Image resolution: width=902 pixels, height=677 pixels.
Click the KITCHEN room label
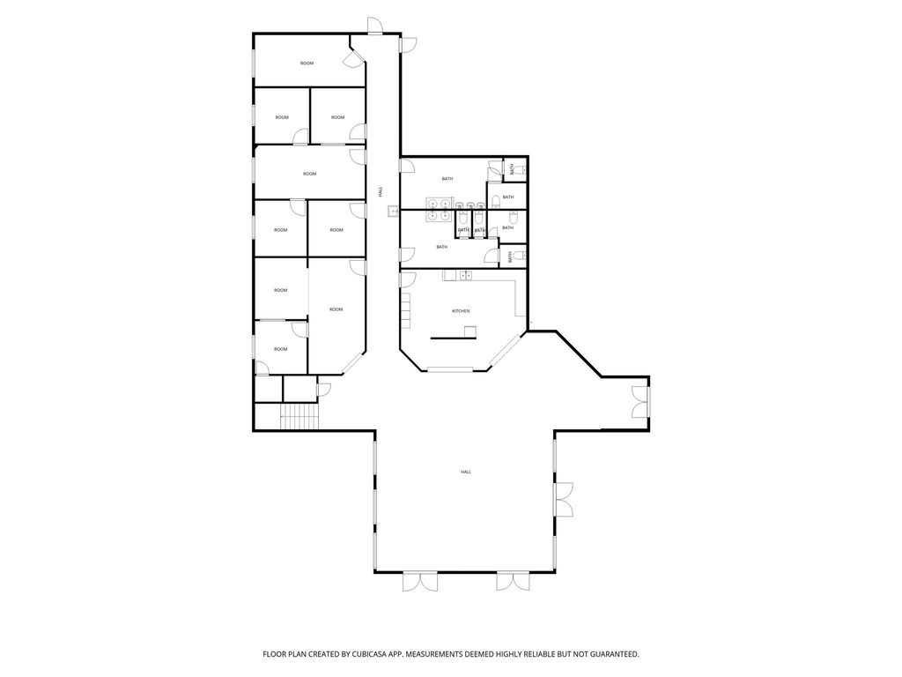tap(461, 311)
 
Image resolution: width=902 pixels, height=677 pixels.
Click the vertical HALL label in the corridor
tap(381, 190)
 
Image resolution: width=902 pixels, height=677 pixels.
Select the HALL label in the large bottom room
tap(465, 472)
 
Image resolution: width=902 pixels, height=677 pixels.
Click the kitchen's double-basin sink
tap(464, 276)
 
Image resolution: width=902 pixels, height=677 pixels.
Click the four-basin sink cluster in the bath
tap(439, 209)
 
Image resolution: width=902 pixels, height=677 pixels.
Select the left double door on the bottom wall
tap(419, 582)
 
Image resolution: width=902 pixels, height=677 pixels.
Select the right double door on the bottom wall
tap(513, 582)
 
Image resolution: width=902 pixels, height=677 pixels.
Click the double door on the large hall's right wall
tap(564, 500)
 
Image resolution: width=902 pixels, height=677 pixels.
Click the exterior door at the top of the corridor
tap(375, 26)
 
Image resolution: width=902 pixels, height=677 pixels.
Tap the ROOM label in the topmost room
tap(307, 63)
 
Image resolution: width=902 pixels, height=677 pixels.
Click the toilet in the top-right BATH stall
tap(521, 168)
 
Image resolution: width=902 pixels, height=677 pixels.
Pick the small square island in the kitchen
tap(470, 331)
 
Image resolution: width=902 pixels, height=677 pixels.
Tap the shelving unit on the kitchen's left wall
tap(406, 309)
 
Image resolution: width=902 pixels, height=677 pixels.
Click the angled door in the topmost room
tap(352, 59)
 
